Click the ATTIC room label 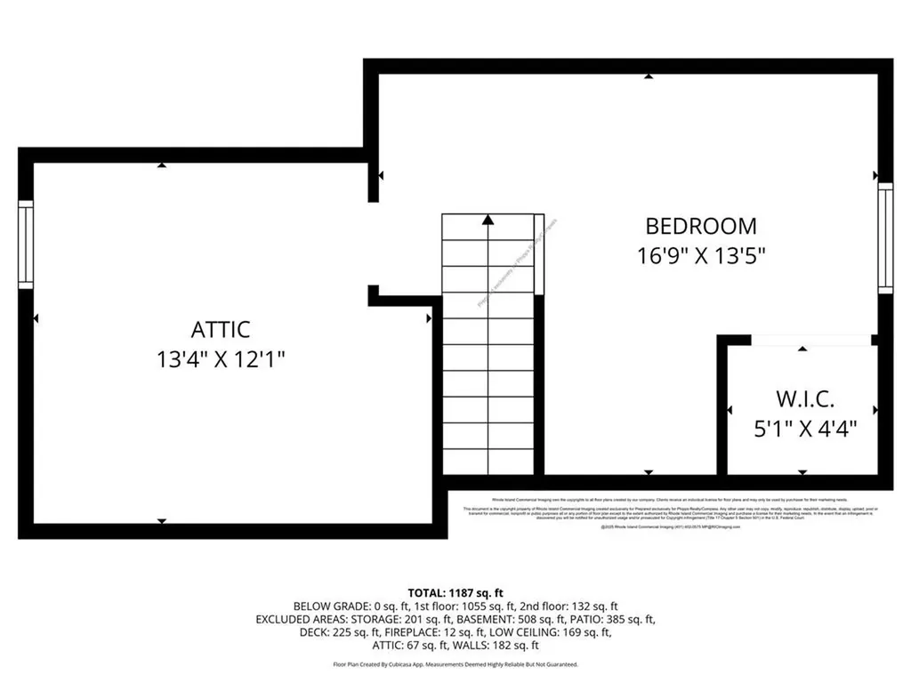point(221,329)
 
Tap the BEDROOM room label point(701,226)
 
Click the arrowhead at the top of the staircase point(488,220)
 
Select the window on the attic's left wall point(26,245)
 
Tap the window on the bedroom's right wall point(884,237)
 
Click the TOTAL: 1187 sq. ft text point(455,592)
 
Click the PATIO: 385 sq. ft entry point(614,619)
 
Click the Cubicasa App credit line point(455,664)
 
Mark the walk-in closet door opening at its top point(810,340)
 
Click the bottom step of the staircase point(488,462)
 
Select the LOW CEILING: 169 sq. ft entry point(558,632)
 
